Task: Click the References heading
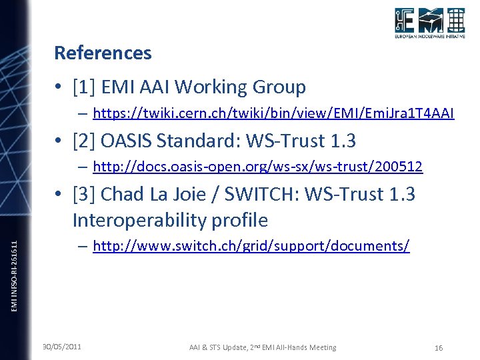(x=103, y=53)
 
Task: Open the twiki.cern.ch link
(x=273, y=113)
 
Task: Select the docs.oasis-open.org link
(x=257, y=167)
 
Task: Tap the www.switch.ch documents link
(x=251, y=246)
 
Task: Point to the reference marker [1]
(x=85, y=87)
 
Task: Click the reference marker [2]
(x=85, y=141)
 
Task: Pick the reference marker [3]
(x=85, y=195)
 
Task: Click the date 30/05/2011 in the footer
(x=62, y=347)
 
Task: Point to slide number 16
(x=438, y=347)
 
